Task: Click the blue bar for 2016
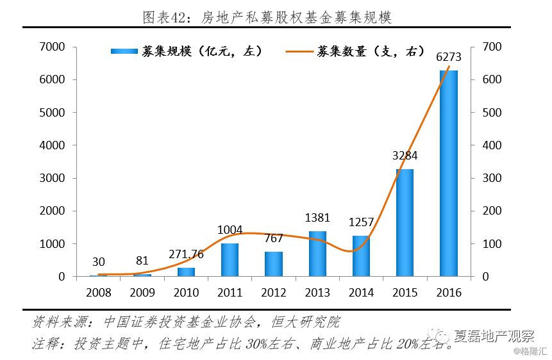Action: pos(448,174)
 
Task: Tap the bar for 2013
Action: pos(317,254)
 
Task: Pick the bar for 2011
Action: pos(230,260)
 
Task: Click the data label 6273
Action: pos(449,58)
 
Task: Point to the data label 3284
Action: pos(405,156)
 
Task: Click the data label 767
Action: pos(274,238)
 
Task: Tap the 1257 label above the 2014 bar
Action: pos(361,222)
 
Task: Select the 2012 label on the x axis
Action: pos(273,293)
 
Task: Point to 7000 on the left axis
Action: pos(53,47)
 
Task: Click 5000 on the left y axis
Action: pos(53,113)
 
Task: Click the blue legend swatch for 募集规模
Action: pos(124,51)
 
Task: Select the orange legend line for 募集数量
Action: pos(298,51)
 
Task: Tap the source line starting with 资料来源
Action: pos(186,322)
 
